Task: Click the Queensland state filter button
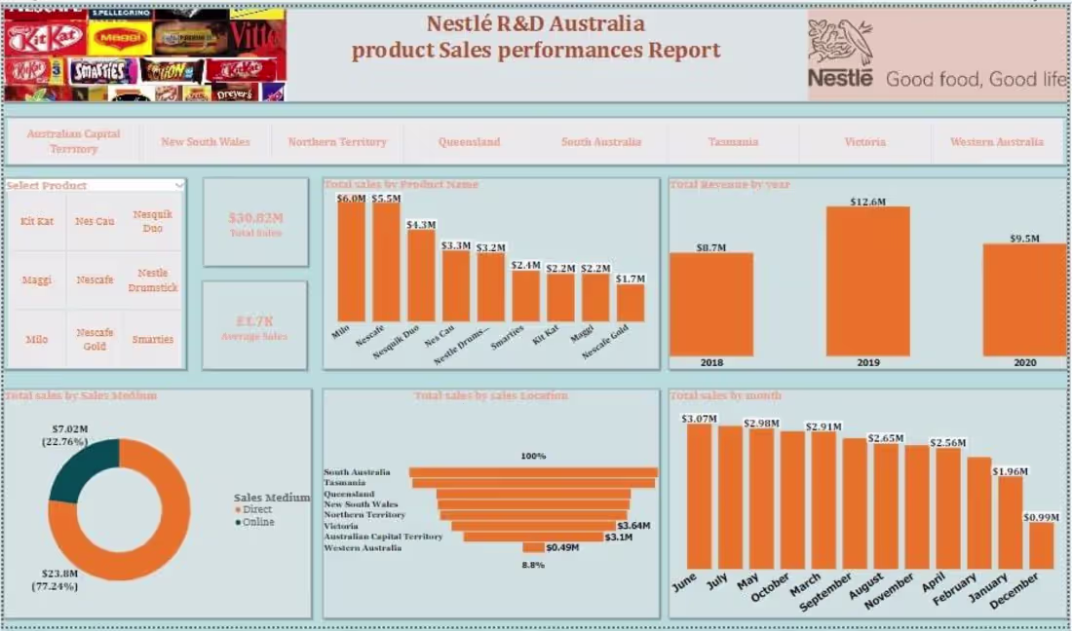469,142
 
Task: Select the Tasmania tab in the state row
733,142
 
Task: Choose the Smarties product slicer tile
153,340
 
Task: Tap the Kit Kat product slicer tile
37,222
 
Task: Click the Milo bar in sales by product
351,261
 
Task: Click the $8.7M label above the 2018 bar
711,247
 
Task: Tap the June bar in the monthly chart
699,496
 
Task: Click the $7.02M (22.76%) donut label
69,434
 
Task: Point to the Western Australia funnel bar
533,548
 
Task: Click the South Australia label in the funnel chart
357,472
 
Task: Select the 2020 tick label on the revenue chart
1023,363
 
